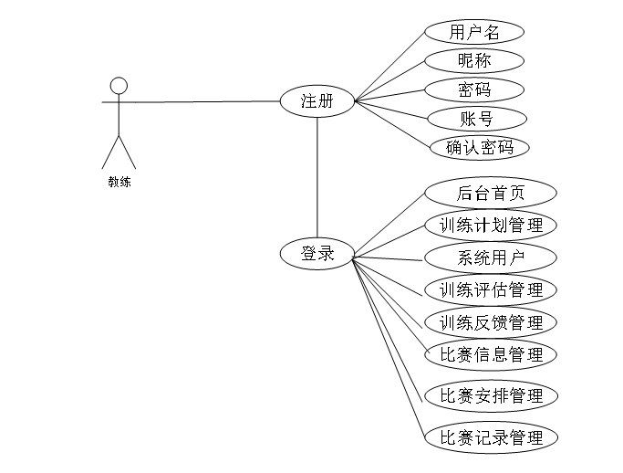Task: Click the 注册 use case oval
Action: coord(317,101)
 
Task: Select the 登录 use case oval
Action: coord(317,254)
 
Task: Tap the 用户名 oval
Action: coord(474,32)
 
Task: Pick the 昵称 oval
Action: coord(474,61)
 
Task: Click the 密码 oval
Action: coord(474,89)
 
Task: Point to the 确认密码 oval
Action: coord(480,147)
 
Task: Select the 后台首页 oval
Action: coord(491,194)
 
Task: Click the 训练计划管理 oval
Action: coord(491,225)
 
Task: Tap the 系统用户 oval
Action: coord(491,258)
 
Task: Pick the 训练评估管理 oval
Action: coord(491,290)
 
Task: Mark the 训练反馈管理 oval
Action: coord(491,322)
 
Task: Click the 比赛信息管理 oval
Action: coord(491,354)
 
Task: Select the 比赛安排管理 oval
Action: coord(491,395)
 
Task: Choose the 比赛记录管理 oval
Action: coord(491,437)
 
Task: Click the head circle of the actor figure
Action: coord(118,86)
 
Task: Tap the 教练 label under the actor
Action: coord(119,182)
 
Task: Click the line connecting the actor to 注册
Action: coord(201,101)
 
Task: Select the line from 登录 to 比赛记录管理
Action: coord(389,348)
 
